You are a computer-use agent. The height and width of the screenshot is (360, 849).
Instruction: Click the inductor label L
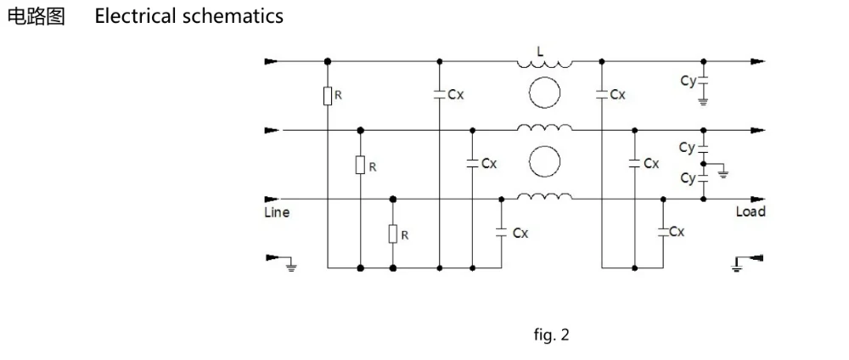coord(540,52)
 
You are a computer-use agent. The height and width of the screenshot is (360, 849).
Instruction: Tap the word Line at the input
coord(277,212)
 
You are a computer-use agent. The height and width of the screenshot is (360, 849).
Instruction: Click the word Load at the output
coord(751,211)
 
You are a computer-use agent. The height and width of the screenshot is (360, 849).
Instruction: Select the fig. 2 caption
coord(551,335)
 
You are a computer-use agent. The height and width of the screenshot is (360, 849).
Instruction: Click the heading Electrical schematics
coord(189,16)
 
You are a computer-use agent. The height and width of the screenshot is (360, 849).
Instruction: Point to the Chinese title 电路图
coord(36,16)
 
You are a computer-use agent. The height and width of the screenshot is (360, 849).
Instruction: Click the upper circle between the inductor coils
coord(544,93)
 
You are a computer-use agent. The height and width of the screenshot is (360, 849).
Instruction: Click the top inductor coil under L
coord(544,64)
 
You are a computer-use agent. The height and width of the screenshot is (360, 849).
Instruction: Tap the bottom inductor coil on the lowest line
coord(544,196)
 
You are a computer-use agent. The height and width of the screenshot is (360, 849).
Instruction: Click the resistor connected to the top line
coord(328,96)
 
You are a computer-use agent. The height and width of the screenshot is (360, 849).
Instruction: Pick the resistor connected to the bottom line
coord(393,233)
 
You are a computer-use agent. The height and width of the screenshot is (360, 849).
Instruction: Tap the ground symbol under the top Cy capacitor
coord(703,101)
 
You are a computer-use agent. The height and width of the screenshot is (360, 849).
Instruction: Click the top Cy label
coord(689,82)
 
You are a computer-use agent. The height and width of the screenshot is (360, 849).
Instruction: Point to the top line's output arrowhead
coord(758,62)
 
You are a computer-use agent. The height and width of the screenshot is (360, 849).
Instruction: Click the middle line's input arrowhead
coord(272,131)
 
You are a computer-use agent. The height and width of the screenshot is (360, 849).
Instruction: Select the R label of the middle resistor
coord(372,167)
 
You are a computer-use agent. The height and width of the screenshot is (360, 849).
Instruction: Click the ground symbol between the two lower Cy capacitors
coord(722,173)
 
